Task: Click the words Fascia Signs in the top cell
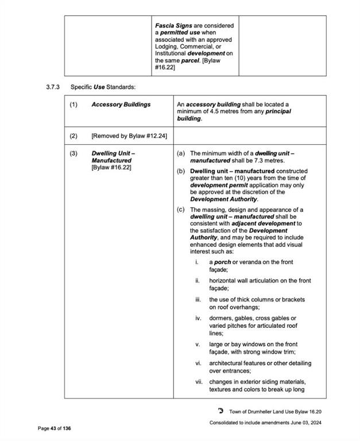click(173, 26)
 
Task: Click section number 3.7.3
click(53, 87)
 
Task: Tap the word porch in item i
click(223, 262)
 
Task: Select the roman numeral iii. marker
click(198, 300)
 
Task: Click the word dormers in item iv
click(222, 318)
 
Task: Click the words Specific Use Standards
click(102, 87)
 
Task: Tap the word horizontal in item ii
click(223, 281)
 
